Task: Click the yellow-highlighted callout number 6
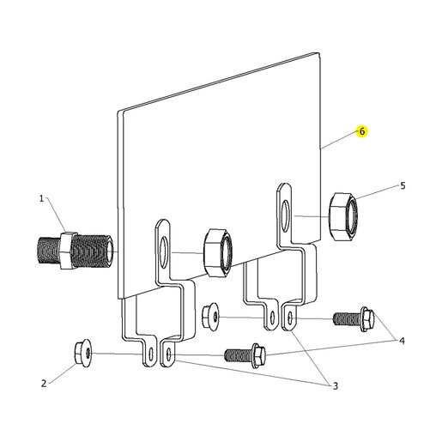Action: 362,131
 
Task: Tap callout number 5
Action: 403,185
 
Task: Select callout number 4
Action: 402,341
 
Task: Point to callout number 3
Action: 336,386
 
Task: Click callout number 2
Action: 44,384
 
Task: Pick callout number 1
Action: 41,198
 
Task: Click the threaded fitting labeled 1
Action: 76,250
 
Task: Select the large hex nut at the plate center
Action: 218,252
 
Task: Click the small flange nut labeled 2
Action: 83,352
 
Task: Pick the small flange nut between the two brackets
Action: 210,317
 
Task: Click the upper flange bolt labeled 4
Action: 354,319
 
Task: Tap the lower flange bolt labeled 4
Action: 245,355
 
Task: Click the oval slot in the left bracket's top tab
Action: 163,252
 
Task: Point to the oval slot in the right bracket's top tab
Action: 285,216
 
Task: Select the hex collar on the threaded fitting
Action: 69,251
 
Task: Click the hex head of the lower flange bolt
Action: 258,355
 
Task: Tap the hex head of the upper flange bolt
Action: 367,319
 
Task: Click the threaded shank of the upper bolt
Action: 347,319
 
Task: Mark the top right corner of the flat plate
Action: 319,53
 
